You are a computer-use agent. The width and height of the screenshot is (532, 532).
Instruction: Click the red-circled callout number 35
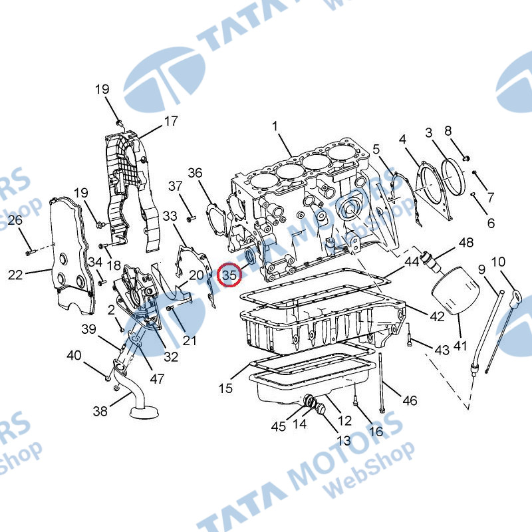click(229, 275)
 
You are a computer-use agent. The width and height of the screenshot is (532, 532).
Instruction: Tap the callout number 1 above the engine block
click(275, 126)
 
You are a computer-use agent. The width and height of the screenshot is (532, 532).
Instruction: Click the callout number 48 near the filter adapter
click(466, 243)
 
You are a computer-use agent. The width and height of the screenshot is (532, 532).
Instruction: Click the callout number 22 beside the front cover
click(15, 275)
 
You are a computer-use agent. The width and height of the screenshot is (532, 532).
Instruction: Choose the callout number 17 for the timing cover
click(171, 121)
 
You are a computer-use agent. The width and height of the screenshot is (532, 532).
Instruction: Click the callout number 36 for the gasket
click(195, 173)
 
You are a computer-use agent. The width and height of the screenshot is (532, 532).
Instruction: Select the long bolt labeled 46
click(381, 383)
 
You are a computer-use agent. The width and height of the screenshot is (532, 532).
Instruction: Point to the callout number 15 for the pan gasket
click(225, 388)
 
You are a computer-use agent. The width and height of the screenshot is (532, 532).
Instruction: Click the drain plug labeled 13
click(321, 410)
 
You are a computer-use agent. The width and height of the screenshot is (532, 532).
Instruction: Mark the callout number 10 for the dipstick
click(498, 261)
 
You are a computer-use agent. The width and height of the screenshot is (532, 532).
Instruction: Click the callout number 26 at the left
click(15, 220)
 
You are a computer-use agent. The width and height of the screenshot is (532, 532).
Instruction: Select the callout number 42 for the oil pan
click(437, 317)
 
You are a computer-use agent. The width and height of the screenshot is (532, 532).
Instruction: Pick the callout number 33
click(170, 215)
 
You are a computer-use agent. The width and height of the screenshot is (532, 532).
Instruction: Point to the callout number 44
click(412, 261)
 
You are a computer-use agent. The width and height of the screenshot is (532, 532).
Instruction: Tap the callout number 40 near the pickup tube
click(74, 355)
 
